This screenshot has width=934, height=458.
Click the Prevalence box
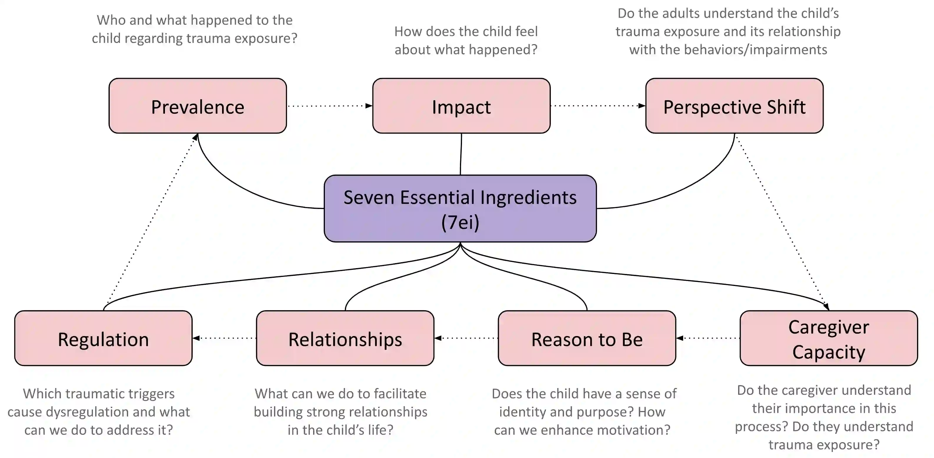click(x=198, y=106)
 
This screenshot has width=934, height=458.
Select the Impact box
click(x=461, y=106)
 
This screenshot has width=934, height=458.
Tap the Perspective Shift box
click(x=734, y=106)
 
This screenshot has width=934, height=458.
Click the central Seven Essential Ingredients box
click(x=460, y=208)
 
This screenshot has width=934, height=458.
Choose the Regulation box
click(x=103, y=338)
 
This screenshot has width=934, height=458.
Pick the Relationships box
click(x=345, y=338)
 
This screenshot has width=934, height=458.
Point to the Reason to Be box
click(x=587, y=338)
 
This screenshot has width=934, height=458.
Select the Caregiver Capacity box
click(x=828, y=338)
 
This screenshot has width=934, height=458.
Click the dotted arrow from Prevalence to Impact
click(x=329, y=106)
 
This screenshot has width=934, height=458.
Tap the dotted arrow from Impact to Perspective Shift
click(x=598, y=106)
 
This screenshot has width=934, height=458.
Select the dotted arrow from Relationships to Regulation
click(x=224, y=338)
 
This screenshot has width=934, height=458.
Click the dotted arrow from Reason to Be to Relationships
click(x=466, y=338)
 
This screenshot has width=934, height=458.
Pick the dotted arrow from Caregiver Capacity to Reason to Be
click(x=708, y=338)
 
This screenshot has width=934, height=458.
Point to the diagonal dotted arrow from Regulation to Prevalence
click(x=151, y=221)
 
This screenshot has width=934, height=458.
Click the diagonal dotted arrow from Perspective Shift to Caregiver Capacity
click(x=781, y=221)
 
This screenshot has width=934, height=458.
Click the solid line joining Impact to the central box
click(x=461, y=154)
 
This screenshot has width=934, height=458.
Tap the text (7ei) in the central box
click(x=460, y=222)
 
